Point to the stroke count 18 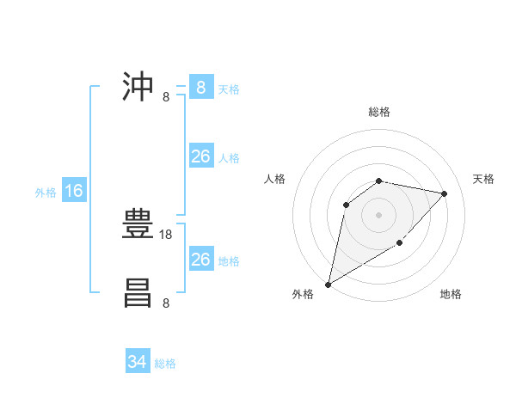(x=167, y=234)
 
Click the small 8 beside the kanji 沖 (x=166, y=96)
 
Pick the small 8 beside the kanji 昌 (x=166, y=303)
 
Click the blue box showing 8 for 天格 (x=200, y=88)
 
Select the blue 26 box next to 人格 (x=200, y=156)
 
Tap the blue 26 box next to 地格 (x=200, y=260)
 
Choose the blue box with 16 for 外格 (x=74, y=191)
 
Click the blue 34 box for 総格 (x=137, y=362)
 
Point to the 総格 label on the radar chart (x=378, y=112)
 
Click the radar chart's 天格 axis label (x=483, y=179)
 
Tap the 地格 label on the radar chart (x=451, y=294)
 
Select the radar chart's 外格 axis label (x=303, y=294)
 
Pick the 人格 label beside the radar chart (x=275, y=179)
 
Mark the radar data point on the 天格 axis (x=444, y=193)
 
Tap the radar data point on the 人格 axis (x=347, y=205)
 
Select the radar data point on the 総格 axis (x=378, y=181)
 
